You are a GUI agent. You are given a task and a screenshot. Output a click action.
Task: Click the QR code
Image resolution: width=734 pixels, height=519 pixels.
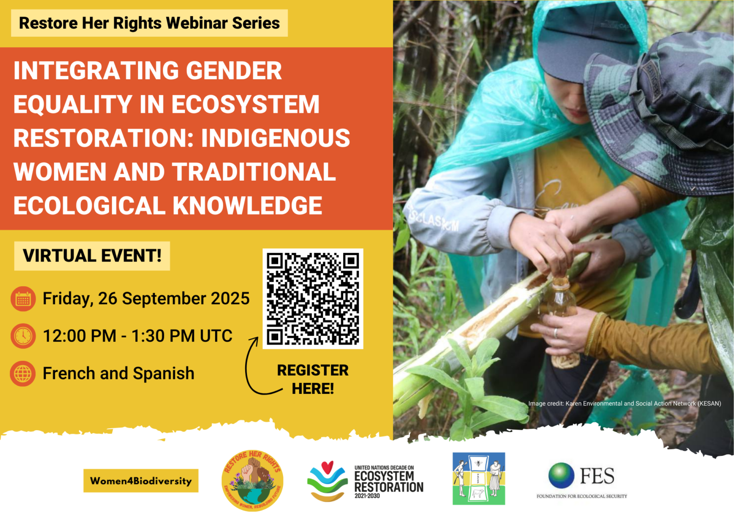[313, 299]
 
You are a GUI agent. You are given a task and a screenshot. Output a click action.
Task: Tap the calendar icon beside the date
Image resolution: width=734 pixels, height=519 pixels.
[23, 299]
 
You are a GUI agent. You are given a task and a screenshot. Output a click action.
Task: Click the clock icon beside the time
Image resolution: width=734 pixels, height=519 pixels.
[23, 336]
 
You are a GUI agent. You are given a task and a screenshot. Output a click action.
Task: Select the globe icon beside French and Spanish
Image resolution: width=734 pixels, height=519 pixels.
[23, 374]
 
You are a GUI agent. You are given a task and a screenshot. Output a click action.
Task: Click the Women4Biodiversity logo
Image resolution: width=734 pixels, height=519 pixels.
[141, 481]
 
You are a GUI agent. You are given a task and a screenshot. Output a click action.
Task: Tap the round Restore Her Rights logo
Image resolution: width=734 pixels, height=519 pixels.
[252, 481]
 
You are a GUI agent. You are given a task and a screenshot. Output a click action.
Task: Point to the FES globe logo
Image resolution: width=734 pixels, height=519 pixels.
[561, 476]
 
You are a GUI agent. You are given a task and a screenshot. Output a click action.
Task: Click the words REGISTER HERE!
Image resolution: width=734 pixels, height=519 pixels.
[313, 379]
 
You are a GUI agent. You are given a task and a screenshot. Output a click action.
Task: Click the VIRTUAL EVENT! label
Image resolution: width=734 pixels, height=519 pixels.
[92, 256]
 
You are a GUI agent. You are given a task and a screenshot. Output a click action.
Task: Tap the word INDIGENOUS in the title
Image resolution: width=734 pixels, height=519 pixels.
[276, 139]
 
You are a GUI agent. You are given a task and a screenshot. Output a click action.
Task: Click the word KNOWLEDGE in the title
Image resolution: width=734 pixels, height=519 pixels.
[248, 206]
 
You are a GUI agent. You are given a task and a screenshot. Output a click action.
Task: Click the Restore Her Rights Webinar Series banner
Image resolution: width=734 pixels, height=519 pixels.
[149, 23]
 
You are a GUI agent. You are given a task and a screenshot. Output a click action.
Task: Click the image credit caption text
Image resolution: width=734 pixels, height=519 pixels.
[625, 404]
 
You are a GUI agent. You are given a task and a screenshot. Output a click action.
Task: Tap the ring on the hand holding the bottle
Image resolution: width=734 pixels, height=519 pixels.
[555, 333]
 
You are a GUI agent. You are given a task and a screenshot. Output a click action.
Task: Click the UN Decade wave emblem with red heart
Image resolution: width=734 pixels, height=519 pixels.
[327, 481]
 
